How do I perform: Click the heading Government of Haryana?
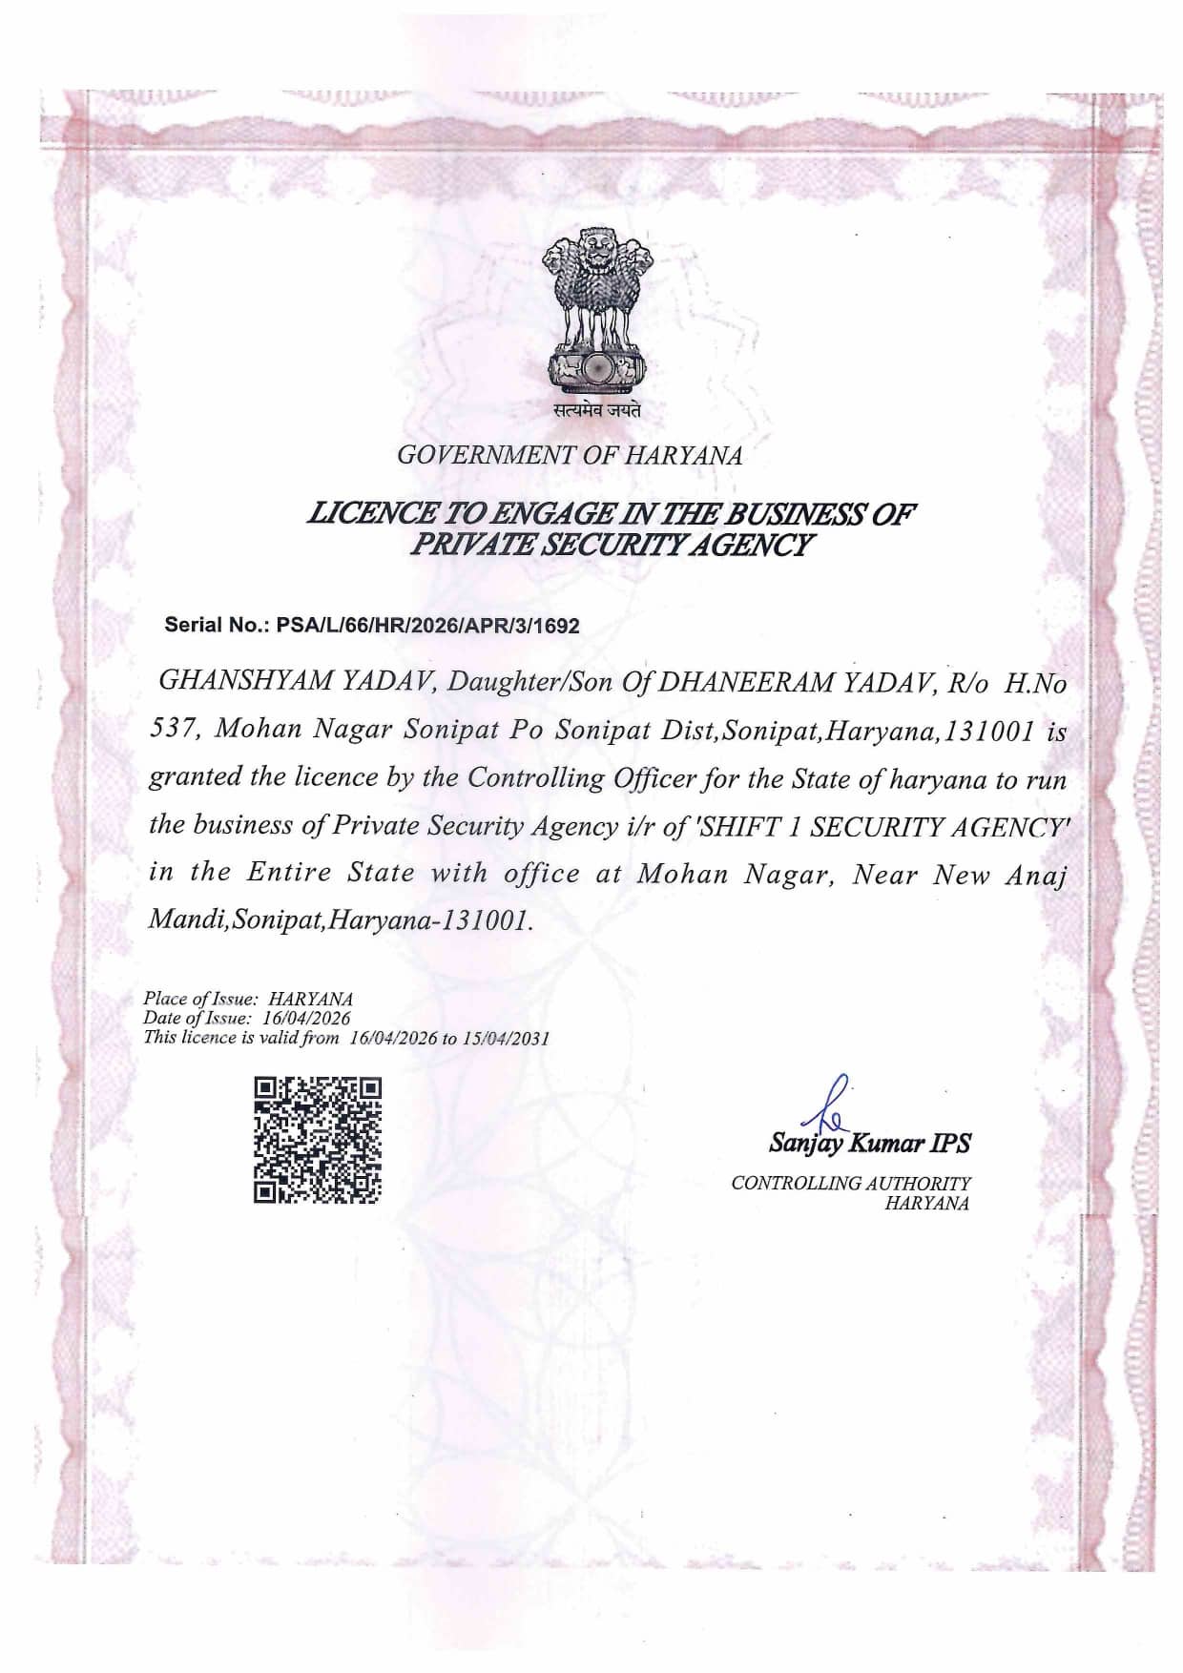tap(570, 455)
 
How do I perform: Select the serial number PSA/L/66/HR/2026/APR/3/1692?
tap(427, 626)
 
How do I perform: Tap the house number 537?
tap(173, 729)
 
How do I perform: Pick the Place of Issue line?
tap(248, 999)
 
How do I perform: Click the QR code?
tap(318, 1140)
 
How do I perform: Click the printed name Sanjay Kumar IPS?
tap(869, 1143)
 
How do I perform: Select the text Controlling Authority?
tap(850, 1183)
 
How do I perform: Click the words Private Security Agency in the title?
tap(611, 546)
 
